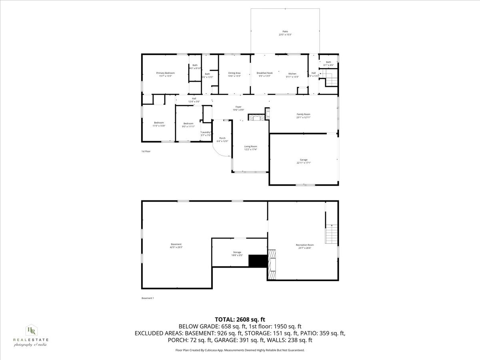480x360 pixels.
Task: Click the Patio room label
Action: pyautogui.click(x=285, y=31)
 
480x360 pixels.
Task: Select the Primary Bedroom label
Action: pyautogui.click(x=165, y=73)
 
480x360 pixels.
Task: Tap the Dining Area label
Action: pyautogui.click(x=234, y=73)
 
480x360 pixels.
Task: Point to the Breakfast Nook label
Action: pyautogui.click(x=264, y=73)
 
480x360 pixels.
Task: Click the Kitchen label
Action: pyautogui.click(x=292, y=74)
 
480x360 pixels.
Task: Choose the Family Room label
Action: pyautogui.click(x=303, y=114)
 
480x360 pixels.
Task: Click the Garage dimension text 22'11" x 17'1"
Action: pyautogui.click(x=304, y=163)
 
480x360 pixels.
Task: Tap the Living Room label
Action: pyautogui.click(x=250, y=146)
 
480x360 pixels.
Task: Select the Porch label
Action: pyautogui.click(x=222, y=138)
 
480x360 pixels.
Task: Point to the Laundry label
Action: pyautogui.click(x=206, y=132)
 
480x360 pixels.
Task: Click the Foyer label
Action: pyautogui.click(x=238, y=107)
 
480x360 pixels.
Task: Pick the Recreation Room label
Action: pyautogui.click(x=305, y=245)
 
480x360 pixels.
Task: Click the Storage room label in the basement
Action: pyautogui.click(x=237, y=252)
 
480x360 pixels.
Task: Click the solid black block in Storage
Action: pyautogui.click(x=258, y=261)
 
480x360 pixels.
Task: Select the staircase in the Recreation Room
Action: pyautogui.click(x=332, y=234)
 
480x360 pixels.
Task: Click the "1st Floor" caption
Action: pyautogui.click(x=146, y=151)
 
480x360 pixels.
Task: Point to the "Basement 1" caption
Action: pyautogui.click(x=148, y=298)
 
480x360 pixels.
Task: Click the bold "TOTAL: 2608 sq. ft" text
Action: pyautogui.click(x=240, y=319)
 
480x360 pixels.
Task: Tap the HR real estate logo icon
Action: pyautogui.click(x=30, y=330)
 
